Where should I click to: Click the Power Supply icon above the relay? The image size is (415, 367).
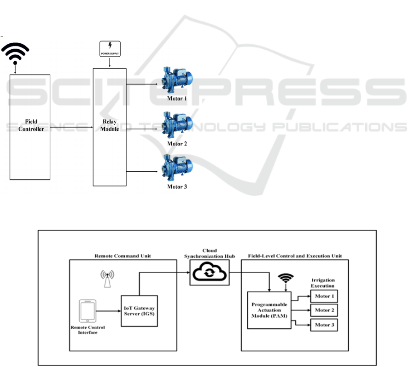[x=110, y=49]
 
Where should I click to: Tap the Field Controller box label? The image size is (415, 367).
[x=31, y=126]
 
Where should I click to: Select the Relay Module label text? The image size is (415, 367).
[x=110, y=126]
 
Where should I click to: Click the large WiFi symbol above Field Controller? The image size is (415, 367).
[x=16, y=53]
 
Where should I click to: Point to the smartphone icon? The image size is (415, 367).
[x=88, y=311]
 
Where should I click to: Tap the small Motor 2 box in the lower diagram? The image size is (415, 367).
[x=324, y=310]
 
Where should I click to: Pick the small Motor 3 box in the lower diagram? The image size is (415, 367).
[x=324, y=325]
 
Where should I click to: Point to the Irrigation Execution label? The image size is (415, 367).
[x=324, y=283]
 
